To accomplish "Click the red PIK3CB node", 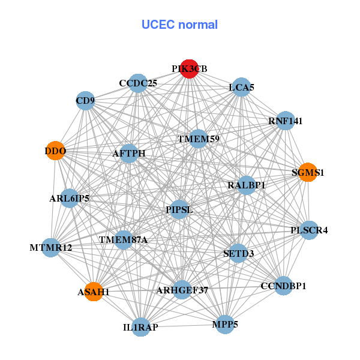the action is [189, 69].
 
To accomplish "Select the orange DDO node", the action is [55, 150].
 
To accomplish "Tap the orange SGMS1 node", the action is [307, 172].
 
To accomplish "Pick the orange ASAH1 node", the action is [93, 292].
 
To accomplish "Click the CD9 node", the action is [85, 100].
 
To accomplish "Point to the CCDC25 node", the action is [138, 83].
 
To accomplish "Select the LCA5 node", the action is [241, 88].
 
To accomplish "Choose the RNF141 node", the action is [285, 121].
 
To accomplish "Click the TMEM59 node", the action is [198, 139].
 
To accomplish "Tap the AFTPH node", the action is [129, 154].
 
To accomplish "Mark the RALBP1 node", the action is [247, 185].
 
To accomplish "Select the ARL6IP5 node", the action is [70, 198].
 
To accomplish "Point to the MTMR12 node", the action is [50, 247].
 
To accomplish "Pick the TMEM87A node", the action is [123, 240].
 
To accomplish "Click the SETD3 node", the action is [238, 253].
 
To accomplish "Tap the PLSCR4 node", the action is [309, 230].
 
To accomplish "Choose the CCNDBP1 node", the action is [283, 286].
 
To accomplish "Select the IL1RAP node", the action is [140, 327].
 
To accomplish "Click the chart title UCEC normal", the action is [179, 25].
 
